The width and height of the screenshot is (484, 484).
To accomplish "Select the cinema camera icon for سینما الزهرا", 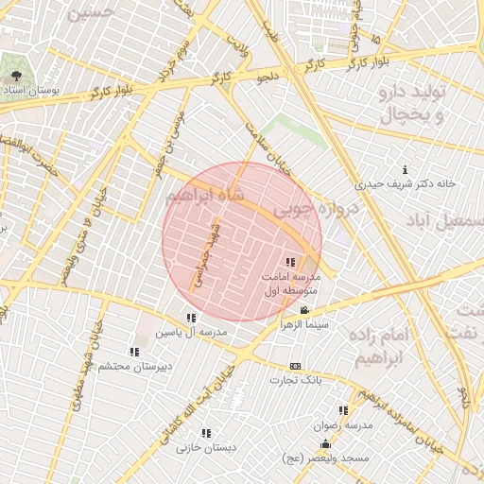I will pos(304,310).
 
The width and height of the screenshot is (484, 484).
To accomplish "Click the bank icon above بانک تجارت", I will pos(296,366).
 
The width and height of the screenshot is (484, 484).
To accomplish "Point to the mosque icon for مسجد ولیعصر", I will pos(326,443).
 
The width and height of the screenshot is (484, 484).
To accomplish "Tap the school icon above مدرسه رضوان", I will pos(343,410).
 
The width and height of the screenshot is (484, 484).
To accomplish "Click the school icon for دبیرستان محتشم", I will pos(134,352).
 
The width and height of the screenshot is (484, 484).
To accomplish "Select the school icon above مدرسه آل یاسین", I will pos(191,318).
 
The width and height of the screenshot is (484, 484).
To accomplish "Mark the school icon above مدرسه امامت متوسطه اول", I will pos(289,262).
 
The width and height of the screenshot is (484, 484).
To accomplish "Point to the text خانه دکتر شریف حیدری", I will pos(406,183).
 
